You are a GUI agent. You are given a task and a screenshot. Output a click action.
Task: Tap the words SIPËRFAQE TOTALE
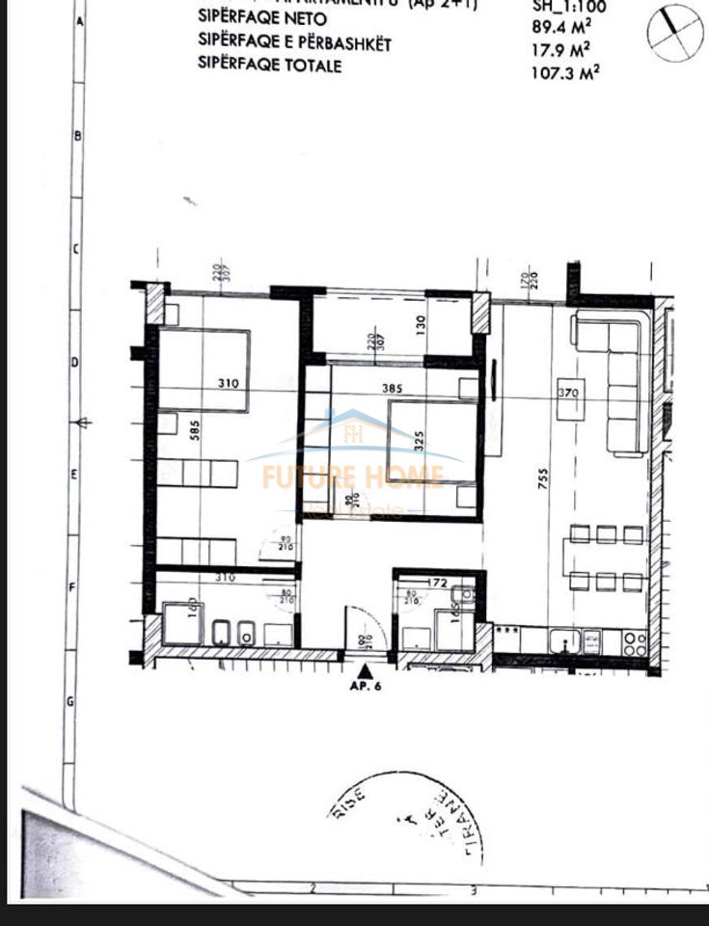pos(269,65)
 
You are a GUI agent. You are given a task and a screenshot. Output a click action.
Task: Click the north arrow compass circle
pos(671,29)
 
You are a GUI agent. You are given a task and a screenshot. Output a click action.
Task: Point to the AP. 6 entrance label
pos(367,689)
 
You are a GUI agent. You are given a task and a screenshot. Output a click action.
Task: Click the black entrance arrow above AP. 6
pos(366,671)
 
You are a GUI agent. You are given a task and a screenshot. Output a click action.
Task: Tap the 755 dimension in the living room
pos(530,477)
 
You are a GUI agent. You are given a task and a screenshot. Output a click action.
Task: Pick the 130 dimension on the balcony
pos(421,325)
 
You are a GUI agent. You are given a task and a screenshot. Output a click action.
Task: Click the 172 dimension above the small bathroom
pos(439,581)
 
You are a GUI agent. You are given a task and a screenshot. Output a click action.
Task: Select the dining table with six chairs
pos(606,557)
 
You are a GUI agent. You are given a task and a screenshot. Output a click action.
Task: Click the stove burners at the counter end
pos(635,642)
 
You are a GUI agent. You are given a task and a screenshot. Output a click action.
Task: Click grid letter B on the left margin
pos(77,136)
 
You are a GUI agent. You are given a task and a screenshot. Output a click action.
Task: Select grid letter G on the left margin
pos(70,701)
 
